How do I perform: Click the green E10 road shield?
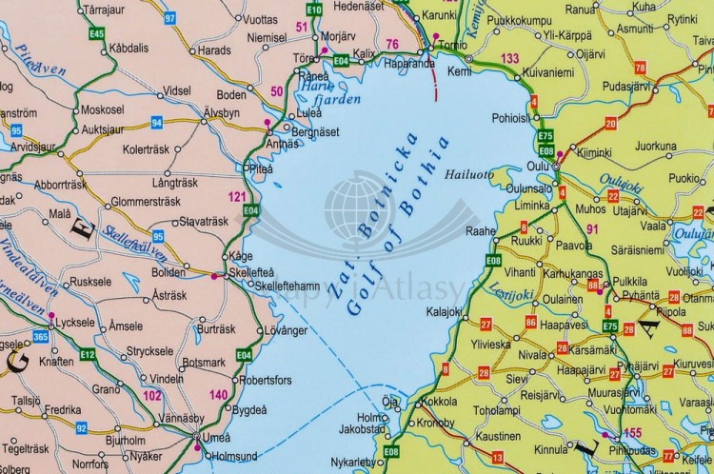pos(315,9)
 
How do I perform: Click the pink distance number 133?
pos(509,59)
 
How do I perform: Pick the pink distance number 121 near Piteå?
pos(237,196)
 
